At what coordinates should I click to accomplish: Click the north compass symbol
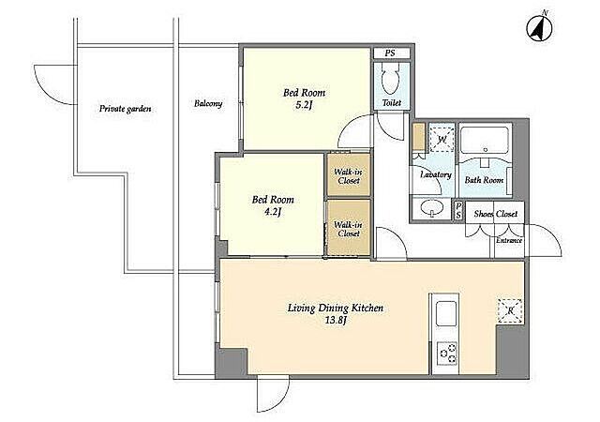539,27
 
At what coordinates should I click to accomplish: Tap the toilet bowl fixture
391,78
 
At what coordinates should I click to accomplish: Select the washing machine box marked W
442,138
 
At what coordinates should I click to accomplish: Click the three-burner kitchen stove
447,354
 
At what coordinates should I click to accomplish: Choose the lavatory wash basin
431,207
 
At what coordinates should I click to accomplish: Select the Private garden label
125,109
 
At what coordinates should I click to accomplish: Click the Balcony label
208,103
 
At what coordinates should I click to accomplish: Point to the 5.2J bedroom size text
304,105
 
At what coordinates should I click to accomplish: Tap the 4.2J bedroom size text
273,212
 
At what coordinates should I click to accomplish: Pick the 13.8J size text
336,320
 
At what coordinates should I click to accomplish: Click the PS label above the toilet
390,53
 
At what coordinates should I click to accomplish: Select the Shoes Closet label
496,214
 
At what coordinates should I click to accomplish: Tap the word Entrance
509,240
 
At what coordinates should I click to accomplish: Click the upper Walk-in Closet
348,175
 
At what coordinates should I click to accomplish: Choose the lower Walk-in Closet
349,228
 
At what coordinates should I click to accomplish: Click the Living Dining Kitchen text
336,308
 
